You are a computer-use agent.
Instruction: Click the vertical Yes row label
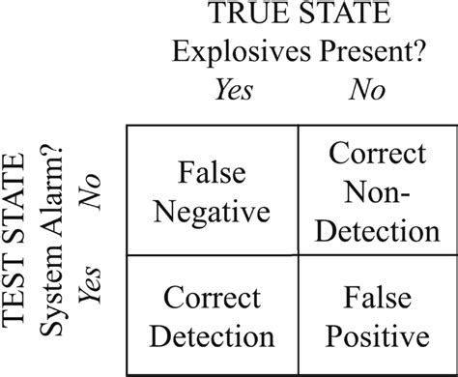(x=92, y=281)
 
